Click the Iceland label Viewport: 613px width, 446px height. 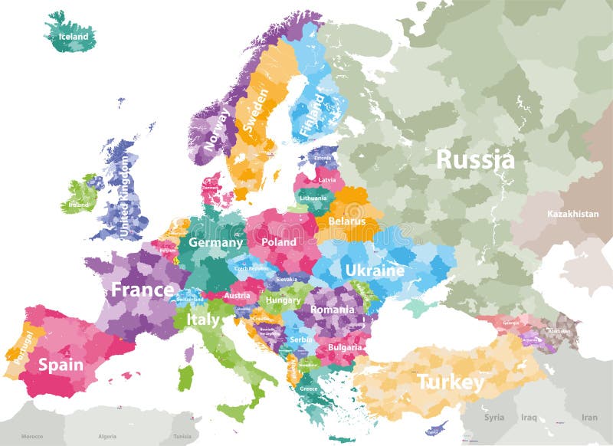tap(68, 36)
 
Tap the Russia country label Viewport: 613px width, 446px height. tap(475, 159)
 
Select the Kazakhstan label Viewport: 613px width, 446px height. tap(572, 214)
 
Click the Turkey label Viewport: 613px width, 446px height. tap(450, 381)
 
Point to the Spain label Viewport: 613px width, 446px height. tap(61, 365)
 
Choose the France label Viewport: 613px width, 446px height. tap(143, 290)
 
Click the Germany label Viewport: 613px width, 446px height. tap(215, 242)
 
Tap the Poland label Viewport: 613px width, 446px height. tap(279, 241)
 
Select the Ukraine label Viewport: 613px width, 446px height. tap(375, 271)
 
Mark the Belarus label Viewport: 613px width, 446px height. tap(349, 221)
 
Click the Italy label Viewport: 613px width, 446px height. tap(203, 320)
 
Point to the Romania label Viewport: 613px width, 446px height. tap(332, 310)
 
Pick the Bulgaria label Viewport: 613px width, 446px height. tap(344, 347)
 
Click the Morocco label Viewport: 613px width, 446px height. tap(31, 436)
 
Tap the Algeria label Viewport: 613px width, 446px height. tap(107, 436)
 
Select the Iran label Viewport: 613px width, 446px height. tap(589, 418)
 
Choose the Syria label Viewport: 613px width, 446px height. tap(494, 418)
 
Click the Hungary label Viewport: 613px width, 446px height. tap(284, 300)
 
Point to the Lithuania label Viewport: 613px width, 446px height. tap(313, 198)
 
